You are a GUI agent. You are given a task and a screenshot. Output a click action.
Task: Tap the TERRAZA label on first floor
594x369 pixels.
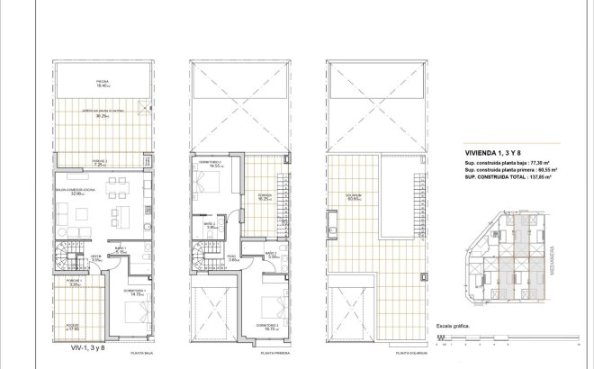[x=264, y=197]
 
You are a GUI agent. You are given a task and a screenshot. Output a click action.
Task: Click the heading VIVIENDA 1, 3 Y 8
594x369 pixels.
[x=481, y=153]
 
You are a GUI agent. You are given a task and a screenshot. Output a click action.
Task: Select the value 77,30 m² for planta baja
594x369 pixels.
[x=541, y=162]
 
